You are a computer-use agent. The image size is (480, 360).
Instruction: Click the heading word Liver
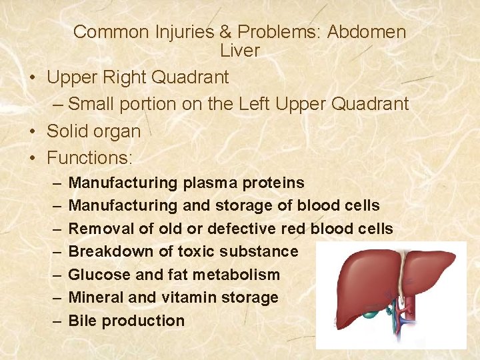pyautogui.click(x=240, y=50)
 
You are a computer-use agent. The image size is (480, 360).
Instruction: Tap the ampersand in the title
pyautogui.click(x=223, y=32)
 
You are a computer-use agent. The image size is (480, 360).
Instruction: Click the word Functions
pyautogui.click(x=89, y=158)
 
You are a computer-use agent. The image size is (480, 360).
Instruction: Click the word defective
pyautogui.click(x=241, y=229)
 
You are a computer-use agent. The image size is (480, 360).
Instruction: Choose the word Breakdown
pyautogui.click(x=109, y=251)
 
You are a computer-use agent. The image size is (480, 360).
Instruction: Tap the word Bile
pyautogui.click(x=83, y=320)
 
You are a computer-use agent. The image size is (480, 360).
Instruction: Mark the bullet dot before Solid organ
pyautogui.click(x=33, y=131)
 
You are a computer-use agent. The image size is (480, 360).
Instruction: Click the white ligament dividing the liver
pyautogui.click(x=401, y=280)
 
